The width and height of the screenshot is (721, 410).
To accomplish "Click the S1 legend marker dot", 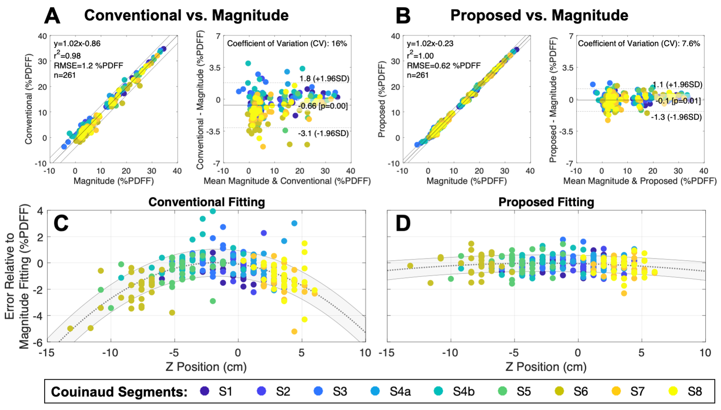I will pos(205,391).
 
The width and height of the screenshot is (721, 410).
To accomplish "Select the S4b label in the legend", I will pos(463,391).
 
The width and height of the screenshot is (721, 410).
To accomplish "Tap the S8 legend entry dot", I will pos(673,391).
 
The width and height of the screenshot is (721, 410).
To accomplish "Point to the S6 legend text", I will pos(581,391).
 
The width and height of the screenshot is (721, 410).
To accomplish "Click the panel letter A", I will pos(52,16).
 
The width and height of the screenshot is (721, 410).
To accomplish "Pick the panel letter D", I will pos(403,223).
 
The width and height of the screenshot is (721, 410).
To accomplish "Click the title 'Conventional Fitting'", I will pos(206,202).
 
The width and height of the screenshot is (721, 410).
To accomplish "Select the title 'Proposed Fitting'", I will pos(546,202).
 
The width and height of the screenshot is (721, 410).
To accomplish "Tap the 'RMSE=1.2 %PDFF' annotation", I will pos(88,65).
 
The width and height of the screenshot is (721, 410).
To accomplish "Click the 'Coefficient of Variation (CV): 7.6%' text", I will pos(639,43).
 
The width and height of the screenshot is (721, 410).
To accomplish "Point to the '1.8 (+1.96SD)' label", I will pos(324,79).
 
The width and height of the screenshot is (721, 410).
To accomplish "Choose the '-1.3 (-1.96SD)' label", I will pos(676,117).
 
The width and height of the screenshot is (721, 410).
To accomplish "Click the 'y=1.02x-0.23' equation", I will pos(430,43).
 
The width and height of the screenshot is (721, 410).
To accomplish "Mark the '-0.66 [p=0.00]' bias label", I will pos(323,106).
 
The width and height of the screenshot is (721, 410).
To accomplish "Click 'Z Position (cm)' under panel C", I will pos(206,367).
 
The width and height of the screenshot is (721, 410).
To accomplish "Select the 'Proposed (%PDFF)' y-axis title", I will pos(382,99).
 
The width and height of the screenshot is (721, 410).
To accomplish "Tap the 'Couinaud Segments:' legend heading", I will pos(119,391).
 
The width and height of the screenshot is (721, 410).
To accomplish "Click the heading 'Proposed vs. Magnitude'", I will pos(539,15).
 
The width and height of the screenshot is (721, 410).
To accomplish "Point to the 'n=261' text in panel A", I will pos(65,75).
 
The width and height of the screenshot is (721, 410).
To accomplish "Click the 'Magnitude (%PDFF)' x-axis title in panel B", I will pos(466,181).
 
